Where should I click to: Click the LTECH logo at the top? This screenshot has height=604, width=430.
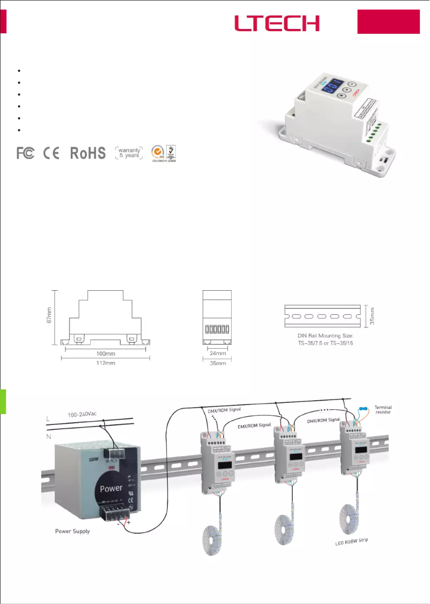coord(277,23)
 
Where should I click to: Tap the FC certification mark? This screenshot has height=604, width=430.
coord(26,153)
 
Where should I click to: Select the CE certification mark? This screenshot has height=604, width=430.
coord(52,153)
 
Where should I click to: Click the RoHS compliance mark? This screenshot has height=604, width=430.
coord(88,153)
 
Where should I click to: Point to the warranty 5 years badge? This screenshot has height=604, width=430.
coord(128,153)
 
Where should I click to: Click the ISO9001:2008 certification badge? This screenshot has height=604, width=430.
coord(164,153)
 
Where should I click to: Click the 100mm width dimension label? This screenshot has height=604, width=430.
coord(105,354)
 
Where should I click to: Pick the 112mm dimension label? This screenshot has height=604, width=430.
coord(105,363)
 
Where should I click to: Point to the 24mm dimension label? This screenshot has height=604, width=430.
coord(217,354)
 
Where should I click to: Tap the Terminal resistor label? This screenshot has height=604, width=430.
coord(383,410)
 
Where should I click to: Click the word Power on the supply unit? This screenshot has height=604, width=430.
coord(111,488)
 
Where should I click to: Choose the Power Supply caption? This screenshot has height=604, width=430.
coord(73,532)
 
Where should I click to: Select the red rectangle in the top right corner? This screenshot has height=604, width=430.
coord(389,22)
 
